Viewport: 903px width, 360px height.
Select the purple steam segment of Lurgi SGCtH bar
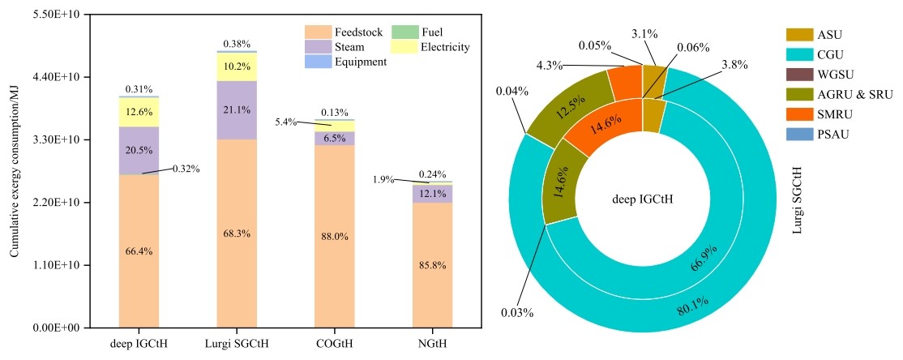click(236, 110)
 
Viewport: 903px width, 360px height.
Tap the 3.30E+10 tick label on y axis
click(57, 139)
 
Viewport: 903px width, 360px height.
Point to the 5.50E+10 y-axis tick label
click(57, 14)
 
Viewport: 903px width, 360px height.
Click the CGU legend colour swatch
click(799, 54)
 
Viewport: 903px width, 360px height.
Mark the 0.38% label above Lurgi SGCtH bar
click(236, 43)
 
